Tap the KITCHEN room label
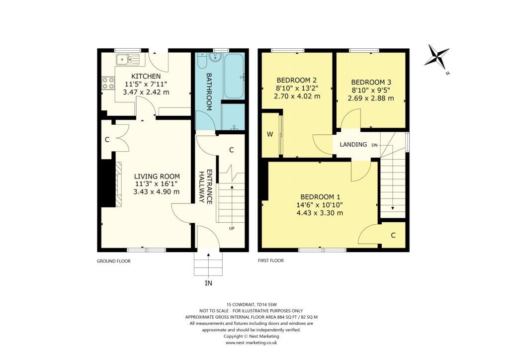tap(146, 76)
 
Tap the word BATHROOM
tap(209, 92)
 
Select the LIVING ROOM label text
tap(157, 177)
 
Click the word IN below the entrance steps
tap(208, 283)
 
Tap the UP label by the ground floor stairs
tap(232, 229)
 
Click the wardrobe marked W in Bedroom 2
tap(270, 134)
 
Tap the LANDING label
tap(353, 145)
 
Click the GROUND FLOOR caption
tap(113, 261)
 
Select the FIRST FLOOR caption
tap(271, 261)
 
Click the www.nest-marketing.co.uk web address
tap(251, 343)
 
